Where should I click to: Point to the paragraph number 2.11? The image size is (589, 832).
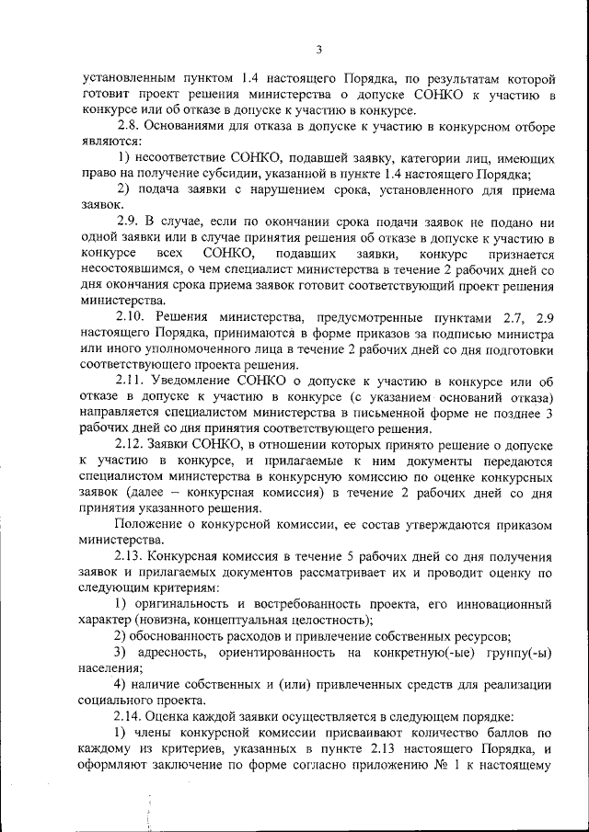132,381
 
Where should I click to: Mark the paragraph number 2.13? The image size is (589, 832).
132,557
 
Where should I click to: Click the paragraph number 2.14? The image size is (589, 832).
132,717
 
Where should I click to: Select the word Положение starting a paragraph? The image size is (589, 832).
145,525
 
